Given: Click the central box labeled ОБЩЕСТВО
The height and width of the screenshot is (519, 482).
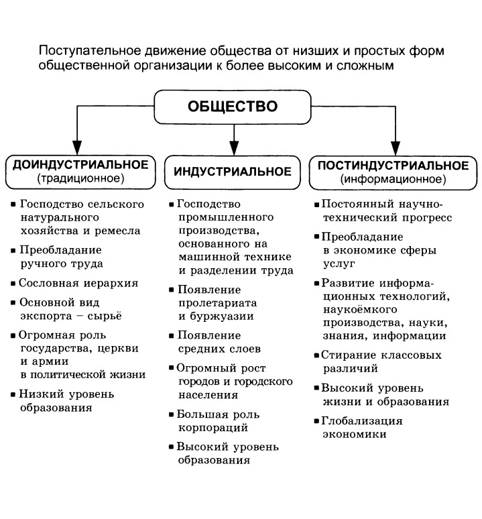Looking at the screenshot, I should tap(233, 107).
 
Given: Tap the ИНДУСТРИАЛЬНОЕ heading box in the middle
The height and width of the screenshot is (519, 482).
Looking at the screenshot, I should tap(233, 172).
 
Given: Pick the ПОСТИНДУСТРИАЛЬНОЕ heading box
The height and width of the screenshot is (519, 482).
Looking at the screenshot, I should tap(393, 172).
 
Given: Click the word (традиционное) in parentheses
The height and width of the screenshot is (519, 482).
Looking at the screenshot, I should tap(80, 179).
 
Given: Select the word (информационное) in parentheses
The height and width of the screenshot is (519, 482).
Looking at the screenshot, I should tap(393, 180).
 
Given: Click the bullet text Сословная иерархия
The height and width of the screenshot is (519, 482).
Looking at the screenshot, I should tap(78, 282).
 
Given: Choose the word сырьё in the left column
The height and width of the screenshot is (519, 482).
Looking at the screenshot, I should tap(106, 315).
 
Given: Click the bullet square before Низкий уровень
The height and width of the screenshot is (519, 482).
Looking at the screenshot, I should tap(14, 394).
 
